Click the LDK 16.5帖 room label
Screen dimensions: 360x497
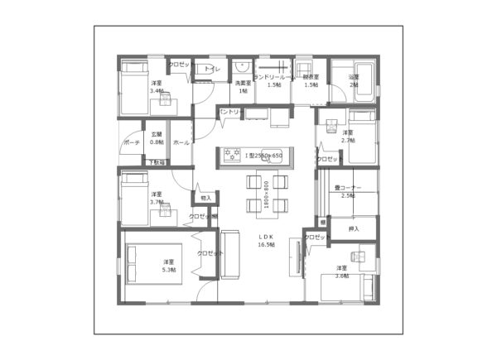tap(266, 241)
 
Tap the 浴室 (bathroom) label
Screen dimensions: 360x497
tap(354, 81)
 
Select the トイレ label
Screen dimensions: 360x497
tap(212, 70)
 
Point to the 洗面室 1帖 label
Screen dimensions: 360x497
tap(243, 86)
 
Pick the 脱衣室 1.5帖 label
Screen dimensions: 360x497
tap(311, 81)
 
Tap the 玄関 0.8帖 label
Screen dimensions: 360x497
tap(157, 138)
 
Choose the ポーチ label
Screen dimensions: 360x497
tap(131, 142)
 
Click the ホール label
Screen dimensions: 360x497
tap(181, 142)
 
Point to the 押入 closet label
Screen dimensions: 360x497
tap(354, 228)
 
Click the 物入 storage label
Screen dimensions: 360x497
tap(206, 198)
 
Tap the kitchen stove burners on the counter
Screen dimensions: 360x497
tap(229, 155)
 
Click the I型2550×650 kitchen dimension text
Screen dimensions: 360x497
tap(263, 155)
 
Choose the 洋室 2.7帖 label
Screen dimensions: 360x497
tap(349, 136)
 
